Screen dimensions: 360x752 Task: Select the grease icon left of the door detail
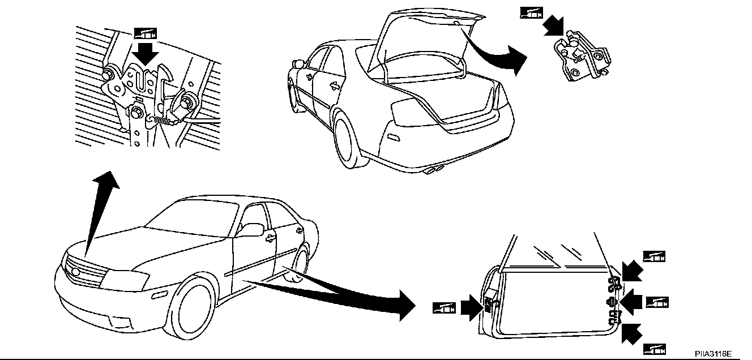pyautogui.click(x=445, y=308)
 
